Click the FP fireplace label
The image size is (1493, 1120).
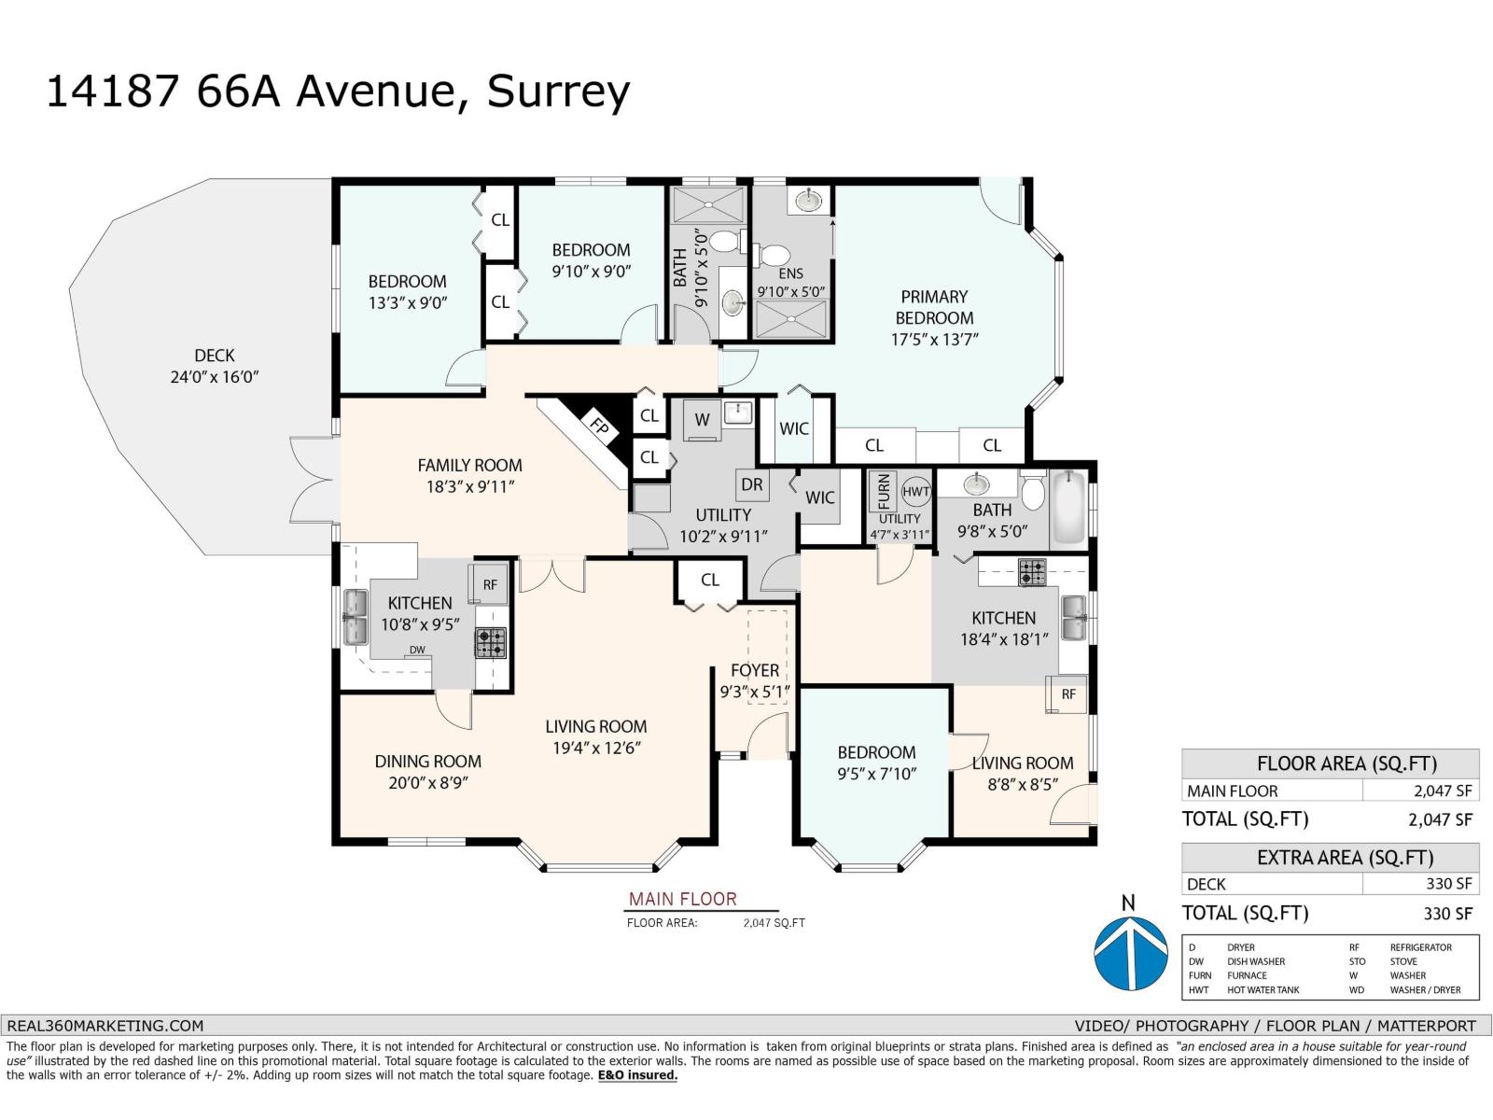click(599, 427)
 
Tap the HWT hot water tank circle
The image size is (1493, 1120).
click(916, 492)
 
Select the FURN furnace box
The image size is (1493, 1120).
click(883, 492)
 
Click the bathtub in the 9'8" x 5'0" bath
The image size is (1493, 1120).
click(1069, 509)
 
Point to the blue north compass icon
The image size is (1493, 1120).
click(1130, 952)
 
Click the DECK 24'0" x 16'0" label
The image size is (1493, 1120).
click(214, 366)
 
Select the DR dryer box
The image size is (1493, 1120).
click(752, 483)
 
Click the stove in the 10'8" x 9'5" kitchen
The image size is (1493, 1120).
click(491, 642)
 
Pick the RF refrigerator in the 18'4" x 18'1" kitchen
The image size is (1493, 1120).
click(1067, 694)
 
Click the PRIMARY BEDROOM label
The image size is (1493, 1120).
click(934, 307)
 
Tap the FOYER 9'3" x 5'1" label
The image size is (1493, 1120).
click(755, 680)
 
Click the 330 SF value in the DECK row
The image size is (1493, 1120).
click(1450, 884)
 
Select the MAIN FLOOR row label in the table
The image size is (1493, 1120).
click(1232, 791)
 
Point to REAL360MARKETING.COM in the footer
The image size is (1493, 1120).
click(104, 1025)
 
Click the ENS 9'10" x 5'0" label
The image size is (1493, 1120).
click(790, 282)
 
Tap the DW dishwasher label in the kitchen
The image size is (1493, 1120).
click(417, 650)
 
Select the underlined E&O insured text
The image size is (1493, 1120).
click(637, 1075)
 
